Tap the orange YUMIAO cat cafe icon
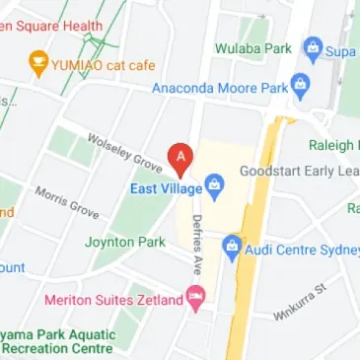point(37,65)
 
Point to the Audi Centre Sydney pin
point(233,247)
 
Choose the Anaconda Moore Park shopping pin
point(301,89)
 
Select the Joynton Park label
point(124,242)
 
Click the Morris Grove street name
point(67,201)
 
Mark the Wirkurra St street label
point(300,301)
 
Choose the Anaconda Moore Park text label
point(219,89)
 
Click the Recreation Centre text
point(58,349)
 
